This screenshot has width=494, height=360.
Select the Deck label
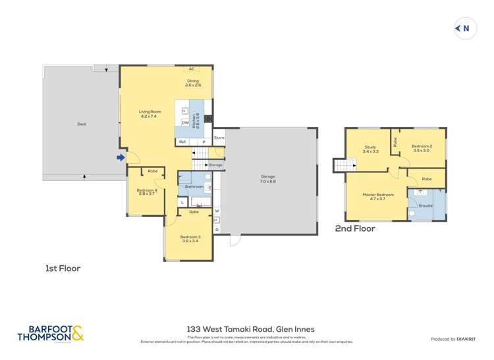tap(82, 124)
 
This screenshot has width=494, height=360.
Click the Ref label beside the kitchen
tap(182, 141)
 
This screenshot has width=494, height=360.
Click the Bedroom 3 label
tap(190, 238)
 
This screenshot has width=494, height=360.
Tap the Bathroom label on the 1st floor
tap(194, 187)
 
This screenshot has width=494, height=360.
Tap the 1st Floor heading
tap(63, 269)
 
